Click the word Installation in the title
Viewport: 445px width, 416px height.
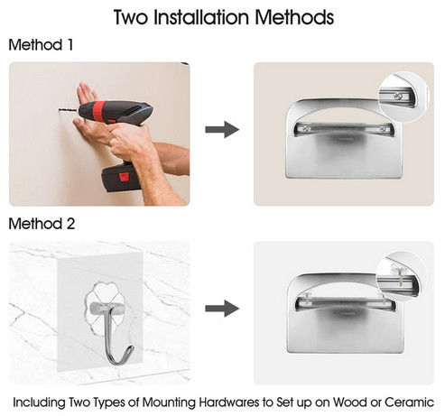point(201,17)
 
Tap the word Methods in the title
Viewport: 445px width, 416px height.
point(294,17)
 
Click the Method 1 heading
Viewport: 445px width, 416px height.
point(41,45)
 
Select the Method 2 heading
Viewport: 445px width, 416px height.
point(42,224)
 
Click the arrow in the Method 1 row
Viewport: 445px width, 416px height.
point(222,130)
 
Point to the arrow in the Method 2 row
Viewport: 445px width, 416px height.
point(222,309)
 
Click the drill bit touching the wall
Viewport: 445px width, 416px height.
point(69,111)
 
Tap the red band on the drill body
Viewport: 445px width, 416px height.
point(99,110)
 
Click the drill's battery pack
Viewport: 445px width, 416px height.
point(121,178)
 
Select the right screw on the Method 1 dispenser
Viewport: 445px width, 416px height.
point(383,130)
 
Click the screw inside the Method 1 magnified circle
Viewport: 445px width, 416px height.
point(398,97)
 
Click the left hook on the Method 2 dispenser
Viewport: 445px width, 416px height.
point(306,298)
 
